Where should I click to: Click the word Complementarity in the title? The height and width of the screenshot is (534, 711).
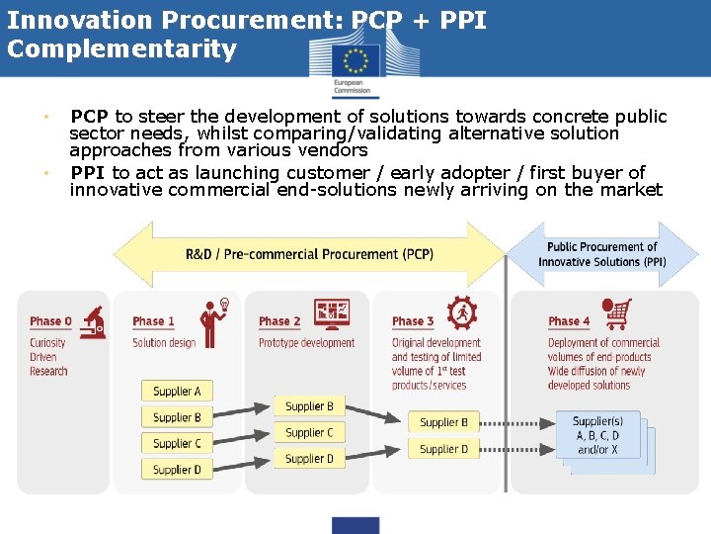(x=122, y=49)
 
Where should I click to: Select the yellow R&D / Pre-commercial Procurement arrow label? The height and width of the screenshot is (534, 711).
(x=308, y=254)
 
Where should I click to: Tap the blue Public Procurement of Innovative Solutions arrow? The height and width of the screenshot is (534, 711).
(x=602, y=254)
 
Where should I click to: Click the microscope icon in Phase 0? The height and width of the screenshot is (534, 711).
(x=94, y=318)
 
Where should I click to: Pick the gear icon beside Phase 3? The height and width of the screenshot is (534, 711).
(x=460, y=313)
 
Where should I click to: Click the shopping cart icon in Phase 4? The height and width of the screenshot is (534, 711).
(x=617, y=313)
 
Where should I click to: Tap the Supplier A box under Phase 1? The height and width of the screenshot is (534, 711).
(x=177, y=392)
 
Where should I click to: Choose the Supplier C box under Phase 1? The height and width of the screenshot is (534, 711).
(x=177, y=443)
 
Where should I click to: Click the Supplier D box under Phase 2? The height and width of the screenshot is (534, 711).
(x=309, y=458)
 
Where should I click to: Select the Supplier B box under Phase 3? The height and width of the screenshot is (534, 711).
(x=443, y=422)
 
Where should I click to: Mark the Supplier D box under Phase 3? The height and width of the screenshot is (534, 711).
(x=443, y=449)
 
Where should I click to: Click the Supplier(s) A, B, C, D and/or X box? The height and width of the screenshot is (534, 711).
(x=596, y=435)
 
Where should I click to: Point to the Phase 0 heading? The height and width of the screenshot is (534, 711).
(x=51, y=320)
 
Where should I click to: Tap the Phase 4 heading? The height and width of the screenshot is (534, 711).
(x=569, y=320)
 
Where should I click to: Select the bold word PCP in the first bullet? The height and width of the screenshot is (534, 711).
(x=90, y=117)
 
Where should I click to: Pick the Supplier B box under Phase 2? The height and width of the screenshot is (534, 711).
(x=309, y=406)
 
